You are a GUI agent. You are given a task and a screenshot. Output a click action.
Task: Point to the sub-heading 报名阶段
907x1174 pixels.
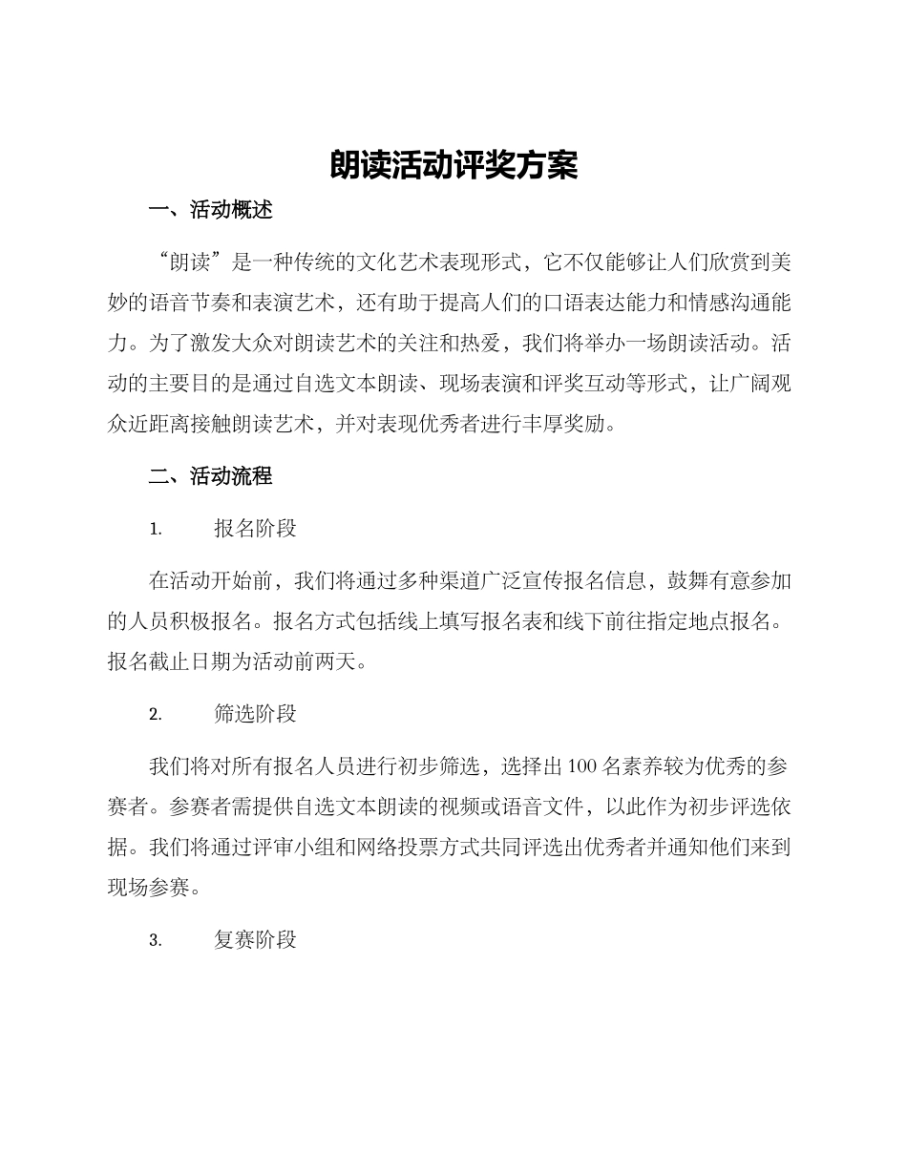tap(256, 529)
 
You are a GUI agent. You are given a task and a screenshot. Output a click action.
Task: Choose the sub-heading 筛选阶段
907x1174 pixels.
tap(256, 714)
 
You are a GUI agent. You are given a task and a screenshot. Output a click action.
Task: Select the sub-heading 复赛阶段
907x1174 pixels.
tap(256, 940)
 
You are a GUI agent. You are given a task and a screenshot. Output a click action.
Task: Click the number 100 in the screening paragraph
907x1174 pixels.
tap(583, 766)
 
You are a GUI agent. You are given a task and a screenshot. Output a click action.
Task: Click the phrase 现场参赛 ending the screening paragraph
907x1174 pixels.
tap(148, 889)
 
